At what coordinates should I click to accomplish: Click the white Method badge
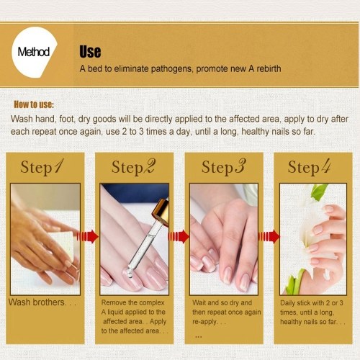pos(34,52)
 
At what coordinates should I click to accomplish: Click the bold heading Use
pos(90,52)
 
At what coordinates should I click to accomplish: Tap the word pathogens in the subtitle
pos(171,69)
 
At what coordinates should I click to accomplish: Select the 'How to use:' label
pos(34,104)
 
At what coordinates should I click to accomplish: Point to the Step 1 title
pos(42,166)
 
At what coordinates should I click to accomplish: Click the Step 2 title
pos(133,166)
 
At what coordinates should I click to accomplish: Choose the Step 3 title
pos(224,166)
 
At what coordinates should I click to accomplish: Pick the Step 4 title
pos(310,166)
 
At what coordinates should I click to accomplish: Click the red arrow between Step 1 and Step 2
pos(87,237)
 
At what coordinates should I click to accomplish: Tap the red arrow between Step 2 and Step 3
pos(179,237)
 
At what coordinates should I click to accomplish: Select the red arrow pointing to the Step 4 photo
pos(269,237)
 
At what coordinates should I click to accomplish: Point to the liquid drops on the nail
pos(130,272)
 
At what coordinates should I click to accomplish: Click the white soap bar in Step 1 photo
pos(62,242)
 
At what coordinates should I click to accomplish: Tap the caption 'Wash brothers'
pos(37,302)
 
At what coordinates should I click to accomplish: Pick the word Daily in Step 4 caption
pos(287,303)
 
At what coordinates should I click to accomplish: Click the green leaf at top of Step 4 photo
pos(319,192)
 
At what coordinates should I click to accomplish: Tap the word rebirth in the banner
pos(269,69)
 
